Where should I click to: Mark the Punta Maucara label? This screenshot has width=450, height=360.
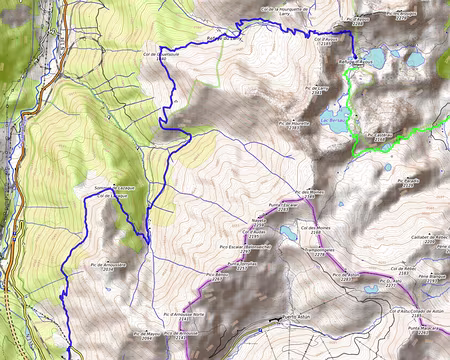423,327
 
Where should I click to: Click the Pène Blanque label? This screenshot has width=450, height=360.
431,275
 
